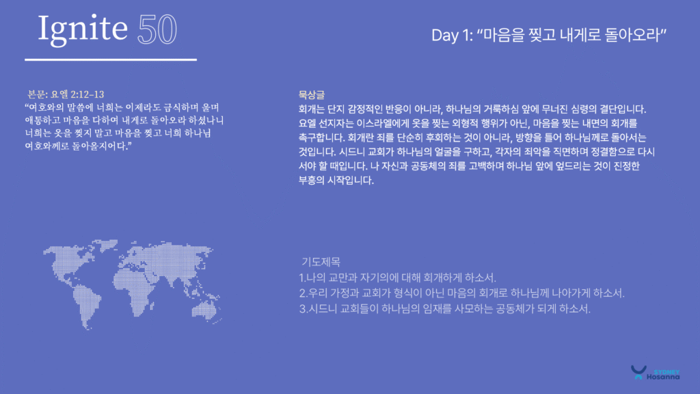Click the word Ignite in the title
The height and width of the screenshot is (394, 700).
click(x=83, y=29)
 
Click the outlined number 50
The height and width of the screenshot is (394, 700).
click(x=157, y=29)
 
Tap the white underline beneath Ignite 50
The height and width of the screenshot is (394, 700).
click(x=111, y=60)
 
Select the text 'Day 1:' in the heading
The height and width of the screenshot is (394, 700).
click(x=452, y=35)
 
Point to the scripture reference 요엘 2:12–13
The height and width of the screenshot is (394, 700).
click(x=77, y=94)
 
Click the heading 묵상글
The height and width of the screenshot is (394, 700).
click(x=312, y=94)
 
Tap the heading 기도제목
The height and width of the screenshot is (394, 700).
click(x=321, y=262)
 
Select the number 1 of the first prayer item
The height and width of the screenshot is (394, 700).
click(x=301, y=278)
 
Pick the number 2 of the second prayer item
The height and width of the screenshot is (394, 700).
click(x=302, y=293)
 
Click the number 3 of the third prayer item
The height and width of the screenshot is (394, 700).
click(x=302, y=308)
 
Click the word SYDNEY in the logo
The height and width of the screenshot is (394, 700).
click(x=667, y=372)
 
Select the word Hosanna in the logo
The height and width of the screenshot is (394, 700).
click(x=663, y=377)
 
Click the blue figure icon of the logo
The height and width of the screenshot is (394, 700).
click(x=638, y=372)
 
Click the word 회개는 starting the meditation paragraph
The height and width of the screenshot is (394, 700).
click(x=312, y=109)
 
